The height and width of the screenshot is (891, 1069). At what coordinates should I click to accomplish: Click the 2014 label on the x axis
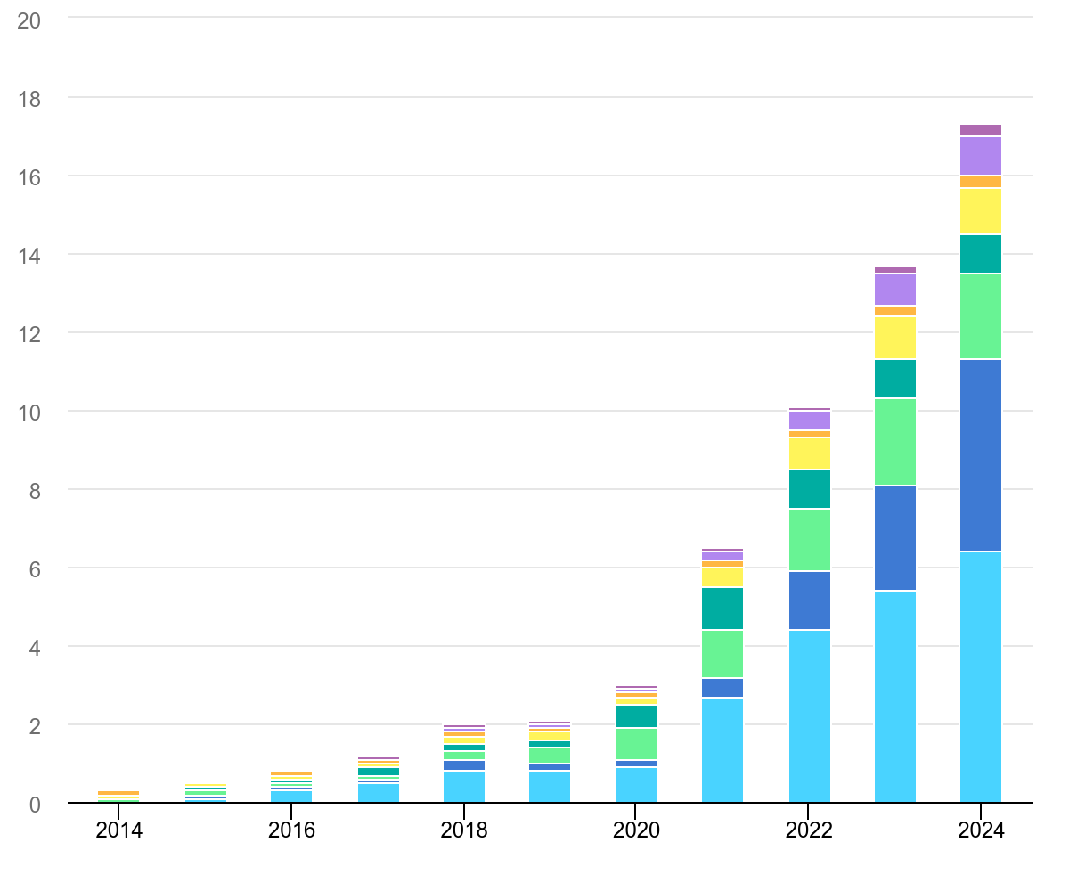[x=118, y=830]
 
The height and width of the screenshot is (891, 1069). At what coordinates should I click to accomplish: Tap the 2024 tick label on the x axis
[x=981, y=830]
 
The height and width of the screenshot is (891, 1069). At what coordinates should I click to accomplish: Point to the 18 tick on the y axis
[x=29, y=97]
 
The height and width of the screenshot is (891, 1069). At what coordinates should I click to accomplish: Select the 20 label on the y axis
[x=29, y=20]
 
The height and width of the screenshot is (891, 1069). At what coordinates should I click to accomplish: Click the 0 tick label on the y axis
[x=35, y=805]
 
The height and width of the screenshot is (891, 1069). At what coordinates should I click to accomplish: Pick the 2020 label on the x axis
[x=636, y=830]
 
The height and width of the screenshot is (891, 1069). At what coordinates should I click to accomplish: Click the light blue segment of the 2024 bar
[x=981, y=677]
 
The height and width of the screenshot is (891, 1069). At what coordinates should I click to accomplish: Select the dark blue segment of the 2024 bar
[x=981, y=455]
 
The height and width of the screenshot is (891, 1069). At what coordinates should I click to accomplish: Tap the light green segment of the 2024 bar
[x=981, y=316]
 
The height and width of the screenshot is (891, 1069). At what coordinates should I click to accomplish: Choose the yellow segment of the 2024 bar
[x=981, y=211]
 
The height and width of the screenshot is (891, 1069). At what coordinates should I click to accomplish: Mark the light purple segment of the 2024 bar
[x=981, y=156]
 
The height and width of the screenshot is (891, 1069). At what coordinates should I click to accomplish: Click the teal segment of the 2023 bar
[x=895, y=379]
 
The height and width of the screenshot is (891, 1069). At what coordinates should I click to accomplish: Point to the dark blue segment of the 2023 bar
[x=895, y=538]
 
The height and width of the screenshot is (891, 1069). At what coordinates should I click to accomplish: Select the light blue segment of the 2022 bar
[x=809, y=716]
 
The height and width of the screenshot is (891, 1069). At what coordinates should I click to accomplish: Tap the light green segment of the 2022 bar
[x=809, y=540]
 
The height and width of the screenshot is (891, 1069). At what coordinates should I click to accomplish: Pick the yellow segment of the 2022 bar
[x=809, y=454]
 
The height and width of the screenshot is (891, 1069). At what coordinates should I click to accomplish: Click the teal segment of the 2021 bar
[x=722, y=609]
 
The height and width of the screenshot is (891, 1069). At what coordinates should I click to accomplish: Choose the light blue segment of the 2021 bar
[x=722, y=750]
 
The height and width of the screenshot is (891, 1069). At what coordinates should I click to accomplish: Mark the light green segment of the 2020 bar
[x=636, y=744]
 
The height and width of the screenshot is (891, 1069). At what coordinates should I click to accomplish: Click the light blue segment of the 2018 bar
[x=464, y=787]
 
